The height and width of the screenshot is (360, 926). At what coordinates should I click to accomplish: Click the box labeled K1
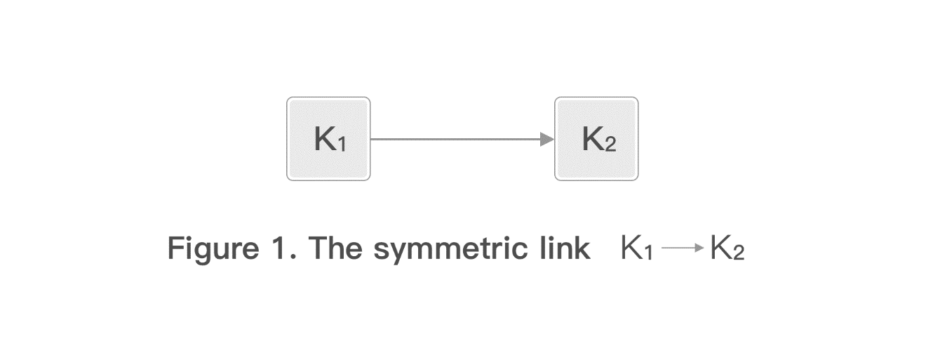click(328, 139)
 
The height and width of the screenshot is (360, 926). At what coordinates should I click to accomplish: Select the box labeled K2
click(596, 139)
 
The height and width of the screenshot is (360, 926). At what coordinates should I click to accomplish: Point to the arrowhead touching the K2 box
click(547, 139)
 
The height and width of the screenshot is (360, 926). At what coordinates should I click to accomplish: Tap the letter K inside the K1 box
click(325, 138)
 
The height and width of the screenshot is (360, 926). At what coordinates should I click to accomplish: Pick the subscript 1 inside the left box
click(342, 145)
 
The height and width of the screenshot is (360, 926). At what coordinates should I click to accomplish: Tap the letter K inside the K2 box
click(592, 138)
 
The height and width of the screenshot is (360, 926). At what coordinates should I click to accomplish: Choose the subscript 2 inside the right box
click(610, 145)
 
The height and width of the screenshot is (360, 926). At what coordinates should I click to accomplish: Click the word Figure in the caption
click(213, 250)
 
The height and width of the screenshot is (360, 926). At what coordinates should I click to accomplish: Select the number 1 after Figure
click(281, 248)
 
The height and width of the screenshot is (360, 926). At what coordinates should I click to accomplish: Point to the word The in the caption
click(335, 248)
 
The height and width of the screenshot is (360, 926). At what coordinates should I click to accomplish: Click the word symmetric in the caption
click(450, 250)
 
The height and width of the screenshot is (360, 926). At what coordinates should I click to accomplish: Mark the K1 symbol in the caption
click(637, 248)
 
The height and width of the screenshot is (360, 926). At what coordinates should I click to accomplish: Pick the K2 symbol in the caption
click(727, 248)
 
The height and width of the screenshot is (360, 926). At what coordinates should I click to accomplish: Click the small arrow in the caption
click(683, 248)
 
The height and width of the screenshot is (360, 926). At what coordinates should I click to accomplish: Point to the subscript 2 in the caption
click(739, 252)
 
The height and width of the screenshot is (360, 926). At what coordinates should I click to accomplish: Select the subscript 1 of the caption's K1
click(649, 252)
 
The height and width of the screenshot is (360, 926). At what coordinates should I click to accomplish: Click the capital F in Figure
click(175, 248)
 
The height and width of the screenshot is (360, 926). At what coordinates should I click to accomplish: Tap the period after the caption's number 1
click(293, 257)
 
